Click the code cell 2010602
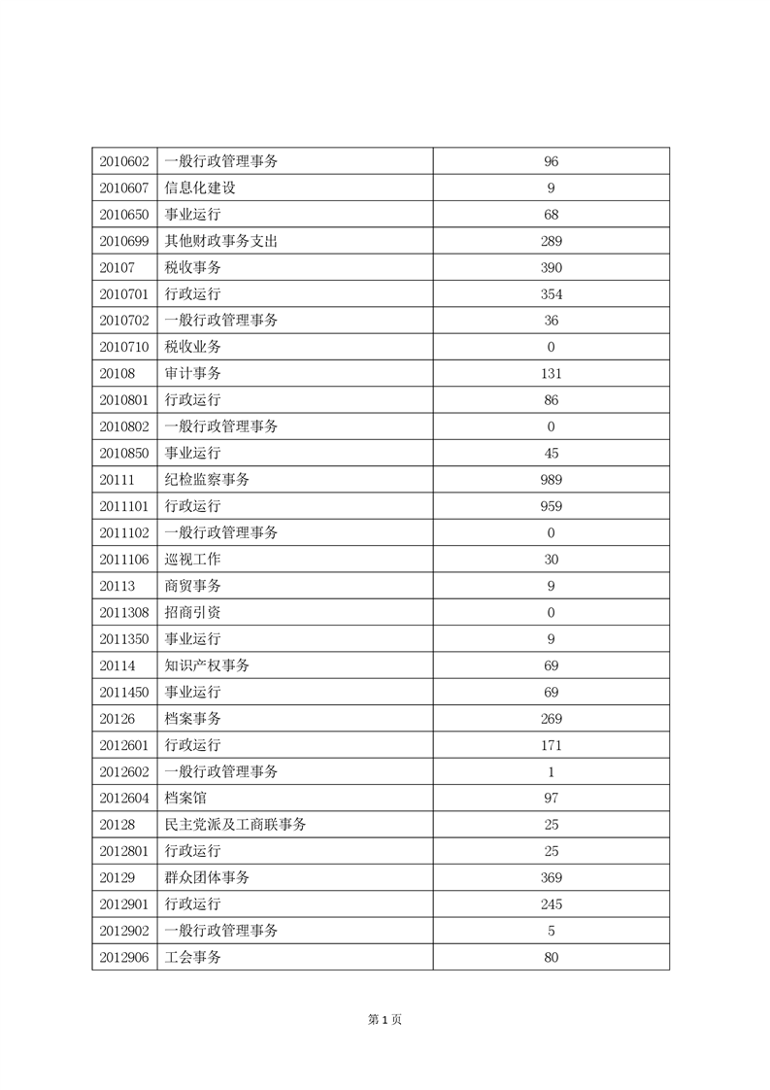pyautogui.click(x=123, y=161)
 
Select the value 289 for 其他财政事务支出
pyautogui.click(x=552, y=241)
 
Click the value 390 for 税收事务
pyautogui.click(x=552, y=267)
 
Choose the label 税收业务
pyautogui.click(x=193, y=347)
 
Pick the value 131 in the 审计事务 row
pyautogui.click(x=552, y=373)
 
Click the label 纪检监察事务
pyautogui.click(x=207, y=480)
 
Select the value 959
pyautogui.click(x=552, y=506)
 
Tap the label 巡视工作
pyautogui.click(x=193, y=560)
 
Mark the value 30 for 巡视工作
pyautogui.click(x=552, y=560)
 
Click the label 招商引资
pyautogui.click(x=193, y=612)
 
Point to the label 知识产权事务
pyautogui.click(x=207, y=665)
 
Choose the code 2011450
pyautogui.click(x=123, y=692)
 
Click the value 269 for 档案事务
pyautogui.click(x=552, y=719)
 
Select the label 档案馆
pyautogui.click(x=186, y=798)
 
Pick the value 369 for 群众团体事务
pyautogui.click(x=552, y=877)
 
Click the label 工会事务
pyautogui.click(x=193, y=957)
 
